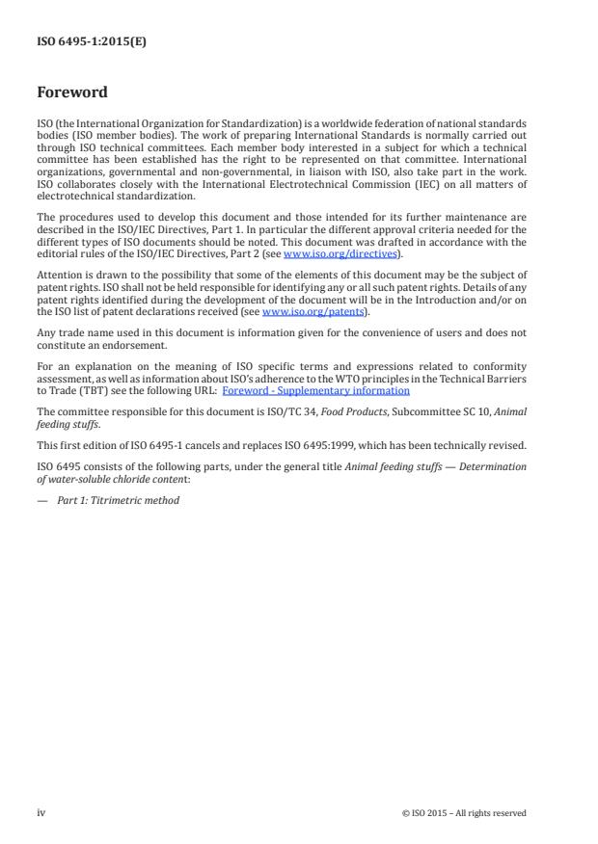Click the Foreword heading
click(x=71, y=92)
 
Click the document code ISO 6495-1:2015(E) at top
click(x=92, y=41)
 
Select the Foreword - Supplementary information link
click(x=315, y=390)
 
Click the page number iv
click(x=41, y=812)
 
